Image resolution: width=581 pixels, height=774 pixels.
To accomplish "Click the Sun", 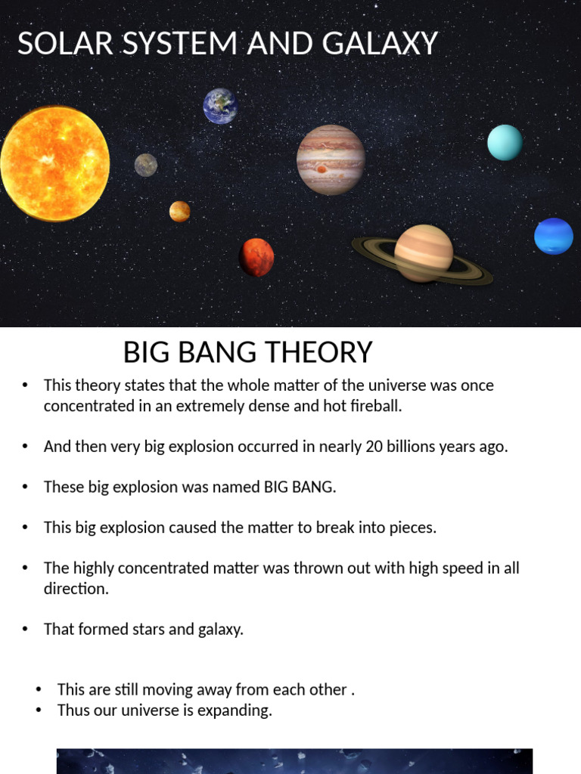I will pyautogui.click(x=54, y=163).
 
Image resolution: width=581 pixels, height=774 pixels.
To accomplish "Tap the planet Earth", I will pyautogui.click(x=220, y=106).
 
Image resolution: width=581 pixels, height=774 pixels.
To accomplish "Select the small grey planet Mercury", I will pyautogui.click(x=146, y=165).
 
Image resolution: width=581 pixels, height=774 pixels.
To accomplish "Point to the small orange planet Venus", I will pyautogui.click(x=179, y=211).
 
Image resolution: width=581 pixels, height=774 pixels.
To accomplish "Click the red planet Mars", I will pyautogui.click(x=256, y=257).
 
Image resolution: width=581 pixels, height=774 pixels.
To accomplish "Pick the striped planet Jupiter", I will pyautogui.click(x=331, y=159).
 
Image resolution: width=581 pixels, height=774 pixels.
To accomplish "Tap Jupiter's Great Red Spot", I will pyautogui.click(x=322, y=169).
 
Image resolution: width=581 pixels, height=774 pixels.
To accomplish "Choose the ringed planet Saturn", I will pyautogui.click(x=424, y=253).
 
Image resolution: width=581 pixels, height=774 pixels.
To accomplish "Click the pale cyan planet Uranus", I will pyautogui.click(x=505, y=142).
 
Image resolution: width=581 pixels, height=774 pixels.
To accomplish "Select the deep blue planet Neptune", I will pyautogui.click(x=554, y=236).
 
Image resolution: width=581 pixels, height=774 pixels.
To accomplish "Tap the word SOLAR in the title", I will pyautogui.click(x=54, y=44).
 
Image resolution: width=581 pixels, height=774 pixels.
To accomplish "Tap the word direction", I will pyautogui.click(x=76, y=588).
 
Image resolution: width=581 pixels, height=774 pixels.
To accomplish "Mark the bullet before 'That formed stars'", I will pyautogui.click(x=26, y=629).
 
